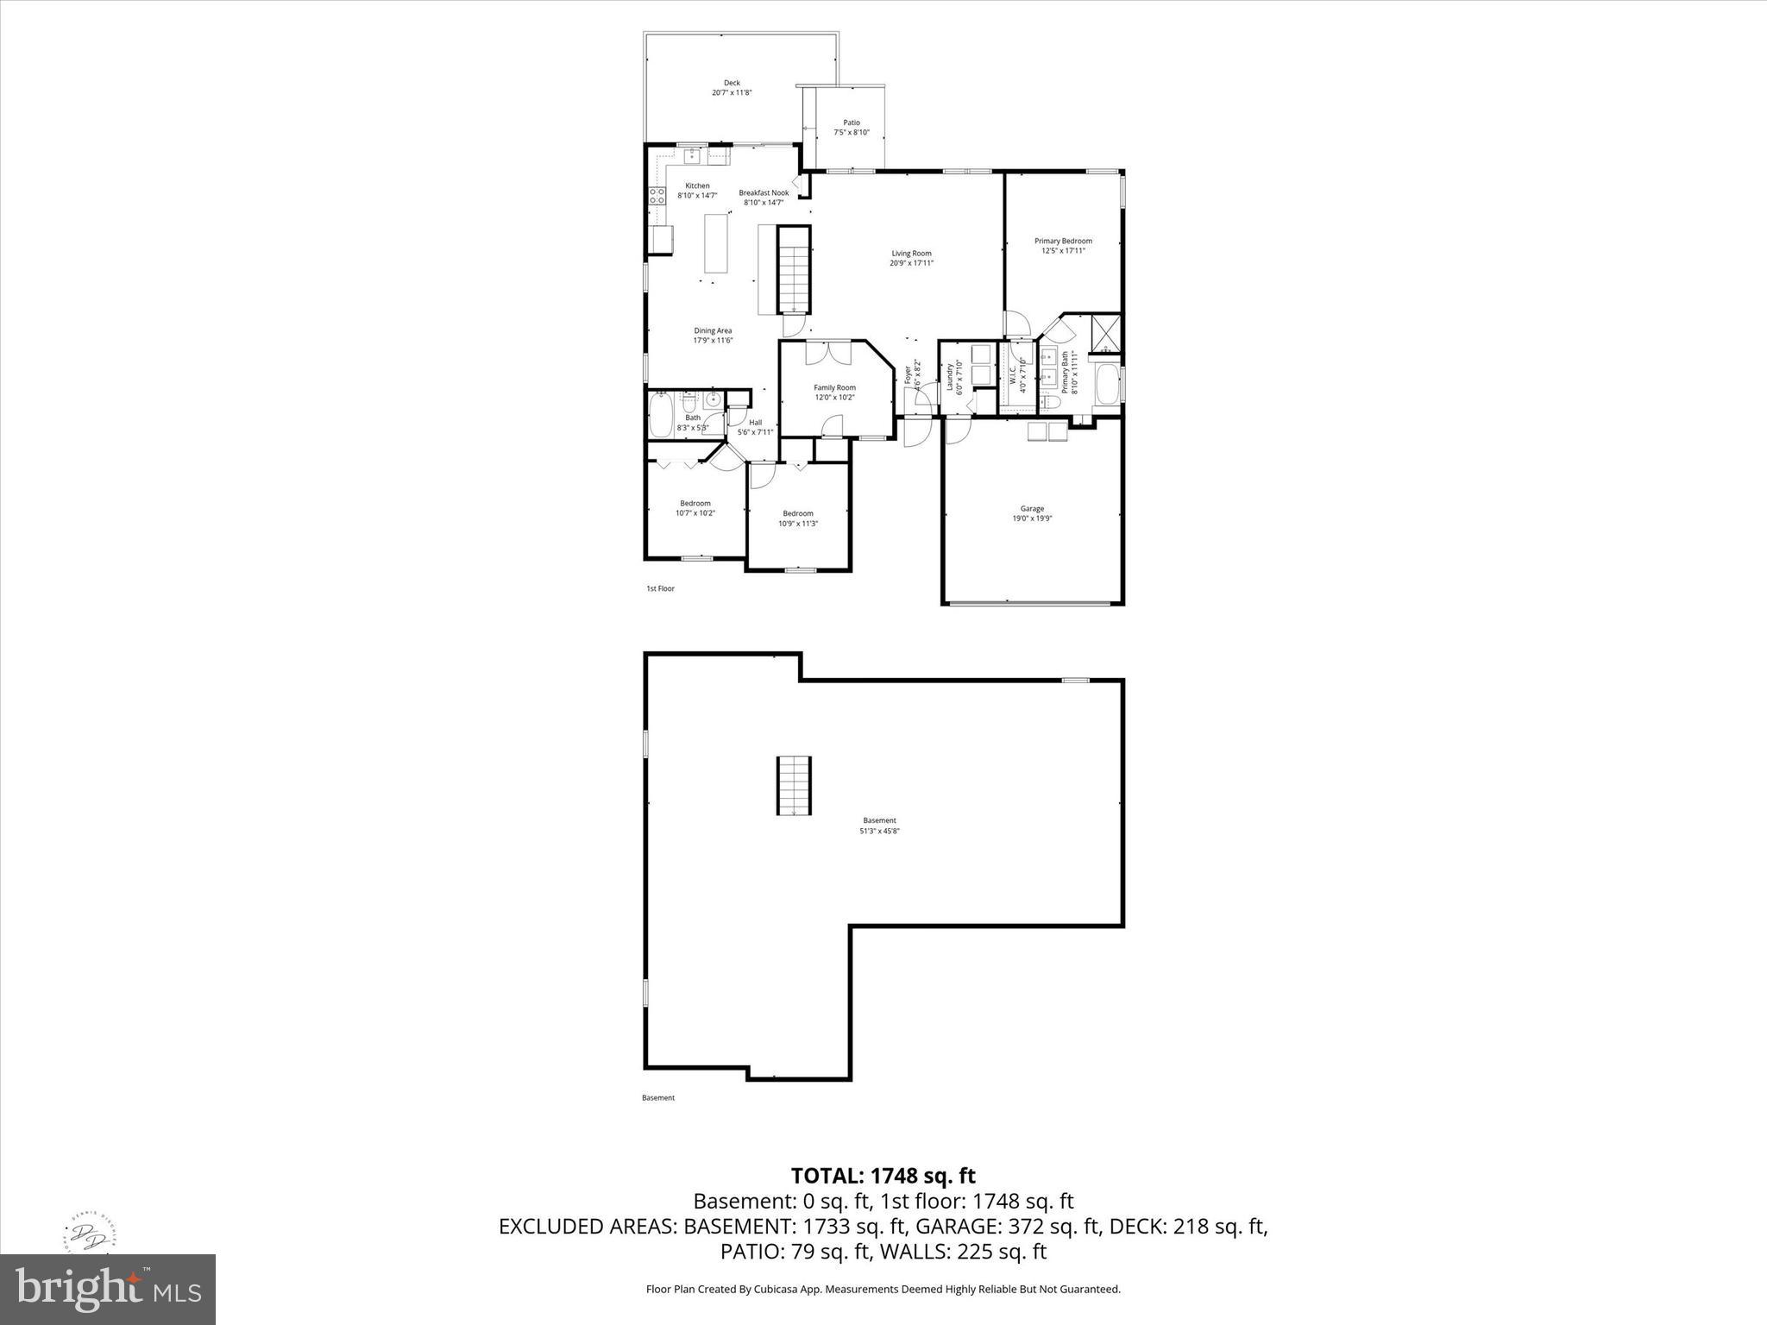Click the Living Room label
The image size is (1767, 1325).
[x=912, y=254]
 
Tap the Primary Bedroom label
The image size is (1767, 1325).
[x=1063, y=242]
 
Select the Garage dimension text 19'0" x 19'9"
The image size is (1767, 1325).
[x=1032, y=519]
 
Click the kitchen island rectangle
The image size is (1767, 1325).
[x=715, y=243]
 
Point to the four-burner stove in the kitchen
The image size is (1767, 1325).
[x=657, y=196]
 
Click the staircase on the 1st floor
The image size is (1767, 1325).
[x=795, y=270]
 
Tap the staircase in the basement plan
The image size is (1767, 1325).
[x=794, y=785]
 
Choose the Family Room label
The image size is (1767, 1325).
[x=834, y=388]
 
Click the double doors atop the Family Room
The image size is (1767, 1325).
[x=828, y=354]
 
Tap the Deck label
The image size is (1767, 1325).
[x=732, y=83]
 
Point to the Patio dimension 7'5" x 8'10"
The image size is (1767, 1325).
[x=852, y=133]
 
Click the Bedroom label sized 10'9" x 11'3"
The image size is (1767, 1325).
[x=798, y=514]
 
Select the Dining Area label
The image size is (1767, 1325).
[x=713, y=330]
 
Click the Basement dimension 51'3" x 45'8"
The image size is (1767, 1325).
[x=879, y=831]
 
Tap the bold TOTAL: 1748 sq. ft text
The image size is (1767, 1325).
[x=883, y=1176]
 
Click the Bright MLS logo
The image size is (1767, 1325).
[x=108, y=1290]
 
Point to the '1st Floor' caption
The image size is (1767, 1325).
[x=660, y=588]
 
